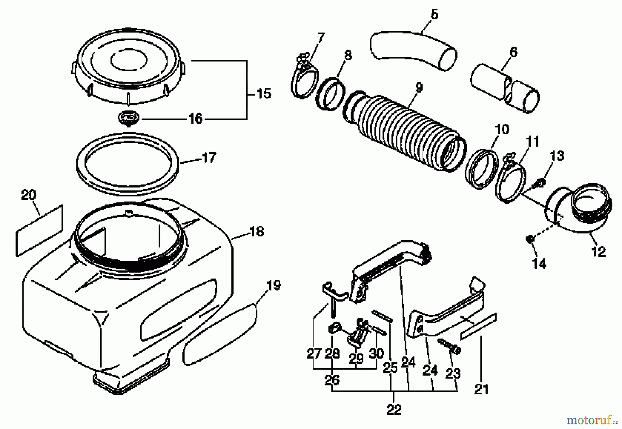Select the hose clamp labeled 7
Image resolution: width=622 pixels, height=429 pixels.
coord(304,78)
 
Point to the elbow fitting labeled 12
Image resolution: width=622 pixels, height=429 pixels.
coord(581,214)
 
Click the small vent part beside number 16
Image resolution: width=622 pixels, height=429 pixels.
coord(129,118)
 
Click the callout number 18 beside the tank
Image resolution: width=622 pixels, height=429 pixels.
coord(256,232)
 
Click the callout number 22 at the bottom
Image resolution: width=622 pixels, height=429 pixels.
coord(394,410)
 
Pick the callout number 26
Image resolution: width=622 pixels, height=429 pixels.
coord(332,380)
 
